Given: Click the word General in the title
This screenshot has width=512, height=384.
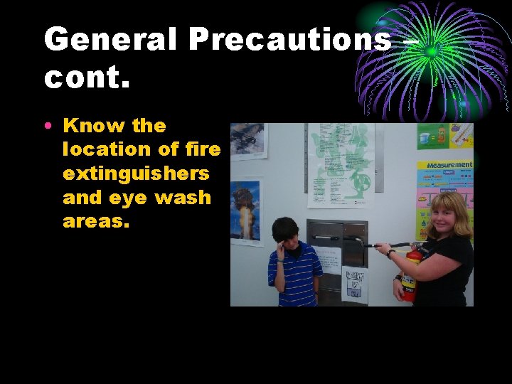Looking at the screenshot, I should click(x=111, y=40).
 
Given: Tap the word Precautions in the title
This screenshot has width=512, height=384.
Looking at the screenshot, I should click(x=289, y=40).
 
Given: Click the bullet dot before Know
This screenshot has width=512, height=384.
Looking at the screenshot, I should click(x=48, y=126).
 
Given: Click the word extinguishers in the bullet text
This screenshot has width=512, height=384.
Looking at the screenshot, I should click(x=136, y=174).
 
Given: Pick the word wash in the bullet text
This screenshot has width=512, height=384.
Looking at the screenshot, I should click(x=183, y=197).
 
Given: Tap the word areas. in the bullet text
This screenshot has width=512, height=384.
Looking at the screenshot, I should click(x=96, y=220).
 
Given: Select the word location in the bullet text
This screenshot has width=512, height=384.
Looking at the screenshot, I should click(x=107, y=149).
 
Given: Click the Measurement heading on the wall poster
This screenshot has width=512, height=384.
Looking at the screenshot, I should click(x=449, y=165).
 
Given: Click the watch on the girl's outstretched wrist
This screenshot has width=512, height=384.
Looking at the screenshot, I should click(x=391, y=254).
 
